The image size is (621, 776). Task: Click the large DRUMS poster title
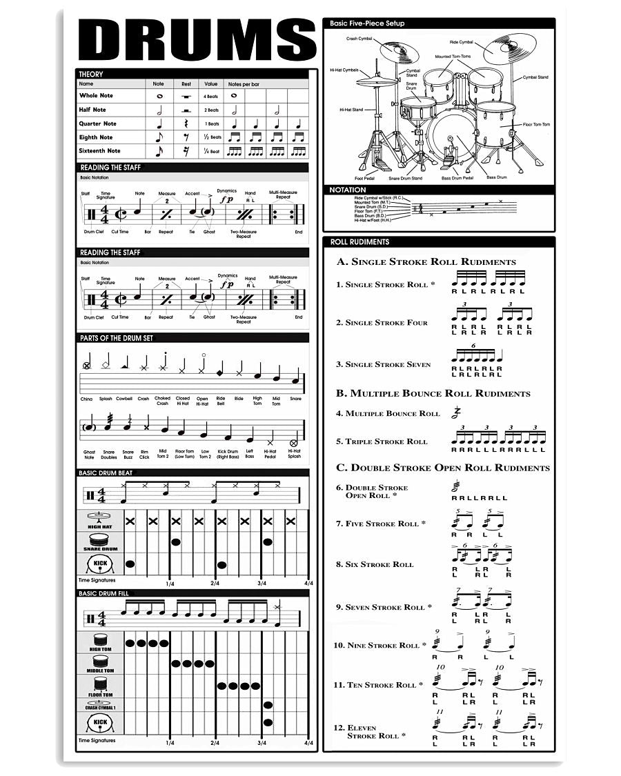click(x=197, y=40)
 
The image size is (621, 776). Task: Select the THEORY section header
click(x=91, y=74)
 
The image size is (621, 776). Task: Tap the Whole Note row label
click(x=96, y=96)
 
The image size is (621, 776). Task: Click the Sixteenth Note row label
click(x=99, y=150)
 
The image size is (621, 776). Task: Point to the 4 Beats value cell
click(x=210, y=96)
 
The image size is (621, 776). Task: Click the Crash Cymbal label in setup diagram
click(x=359, y=39)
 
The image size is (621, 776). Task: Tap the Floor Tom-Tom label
click(x=536, y=124)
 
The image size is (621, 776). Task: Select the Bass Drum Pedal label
click(x=457, y=178)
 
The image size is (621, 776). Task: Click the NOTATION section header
click(x=348, y=190)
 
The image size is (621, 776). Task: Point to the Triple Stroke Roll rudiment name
click(x=386, y=441)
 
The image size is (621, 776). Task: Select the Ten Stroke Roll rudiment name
click(x=380, y=685)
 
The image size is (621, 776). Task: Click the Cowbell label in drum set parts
click(x=124, y=399)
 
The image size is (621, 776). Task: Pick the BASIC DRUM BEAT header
click(x=106, y=473)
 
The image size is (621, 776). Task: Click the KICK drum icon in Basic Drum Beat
click(x=101, y=565)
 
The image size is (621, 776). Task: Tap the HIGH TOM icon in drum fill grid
click(x=101, y=642)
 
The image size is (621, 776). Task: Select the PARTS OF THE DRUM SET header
click(x=116, y=338)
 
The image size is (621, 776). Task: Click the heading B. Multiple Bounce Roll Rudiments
click(x=433, y=393)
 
